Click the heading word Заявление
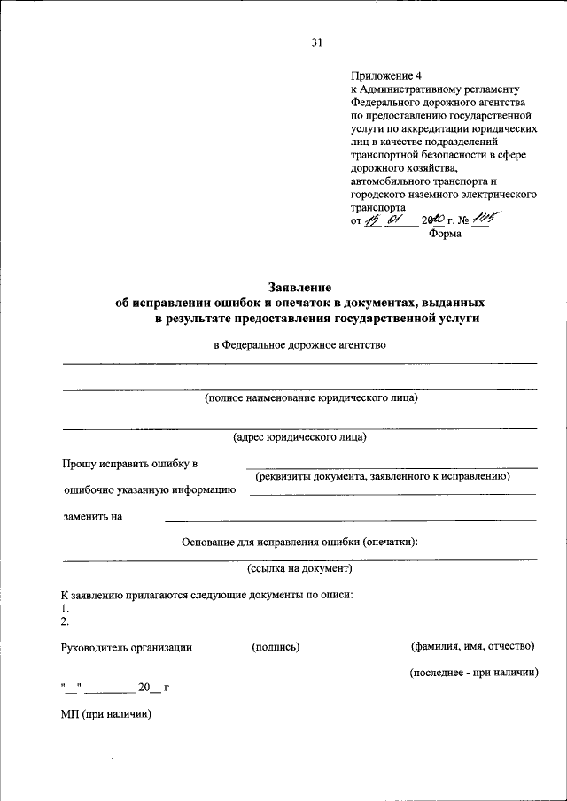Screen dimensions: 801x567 pyautogui.click(x=299, y=287)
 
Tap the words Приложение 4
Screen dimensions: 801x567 pyautogui.click(x=383, y=77)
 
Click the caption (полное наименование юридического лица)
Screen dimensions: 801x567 pyautogui.click(x=311, y=398)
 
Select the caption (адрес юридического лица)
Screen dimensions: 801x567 pyautogui.click(x=299, y=437)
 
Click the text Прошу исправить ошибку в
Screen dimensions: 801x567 pyautogui.click(x=129, y=464)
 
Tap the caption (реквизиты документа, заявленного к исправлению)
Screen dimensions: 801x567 pyautogui.click(x=384, y=476)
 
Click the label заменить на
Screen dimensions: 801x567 pyautogui.click(x=92, y=517)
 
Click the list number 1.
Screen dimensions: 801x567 pyautogui.click(x=66, y=609)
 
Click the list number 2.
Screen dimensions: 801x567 pyautogui.click(x=66, y=622)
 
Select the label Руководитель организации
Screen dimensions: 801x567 pyautogui.click(x=127, y=648)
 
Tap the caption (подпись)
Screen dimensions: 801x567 pyautogui.click(x=276, y=648)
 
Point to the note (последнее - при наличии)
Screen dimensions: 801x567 pyautogui.click(x=474, y=674)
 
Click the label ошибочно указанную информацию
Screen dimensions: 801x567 pyautogui.click(x=149, y=489)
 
